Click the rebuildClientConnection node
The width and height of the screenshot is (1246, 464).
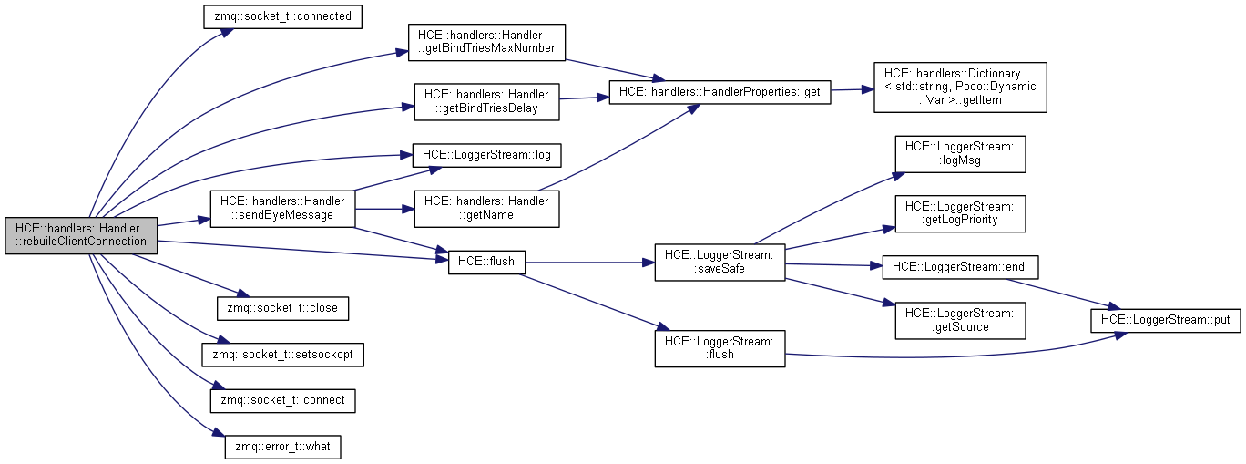point(81,234)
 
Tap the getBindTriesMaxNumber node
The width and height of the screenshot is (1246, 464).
point(486,41)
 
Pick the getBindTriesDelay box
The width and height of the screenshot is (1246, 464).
point(486,101)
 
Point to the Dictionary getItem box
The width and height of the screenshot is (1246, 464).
point(960,86)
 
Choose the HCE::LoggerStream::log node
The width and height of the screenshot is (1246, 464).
point(486,155)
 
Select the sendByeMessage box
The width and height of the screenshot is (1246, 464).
point(282,208)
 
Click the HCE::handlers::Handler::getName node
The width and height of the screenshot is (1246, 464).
point(486,208)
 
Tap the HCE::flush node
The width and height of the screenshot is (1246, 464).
point(487,262)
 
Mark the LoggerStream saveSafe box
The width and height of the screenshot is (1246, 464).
point(720,262)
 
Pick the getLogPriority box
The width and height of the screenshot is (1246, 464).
point(960,212)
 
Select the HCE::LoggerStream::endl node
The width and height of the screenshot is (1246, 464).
point(960,266)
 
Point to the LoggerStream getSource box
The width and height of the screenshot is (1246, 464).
point(960,320)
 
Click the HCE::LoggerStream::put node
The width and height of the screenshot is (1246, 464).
point(1166,320)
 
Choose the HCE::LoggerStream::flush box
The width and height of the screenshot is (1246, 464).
point(720,347)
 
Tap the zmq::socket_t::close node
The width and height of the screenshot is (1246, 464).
point(282,307)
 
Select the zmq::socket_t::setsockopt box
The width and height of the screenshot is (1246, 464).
point(282,354)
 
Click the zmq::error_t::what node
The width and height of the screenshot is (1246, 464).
point(282,448)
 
